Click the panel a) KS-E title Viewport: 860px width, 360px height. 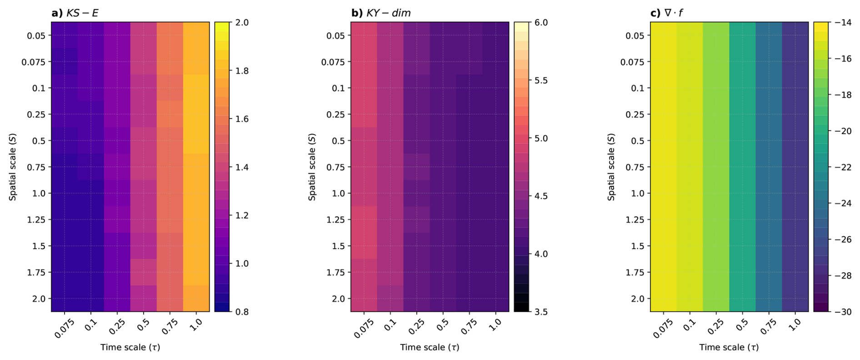75,13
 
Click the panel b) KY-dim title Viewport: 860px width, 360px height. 381,13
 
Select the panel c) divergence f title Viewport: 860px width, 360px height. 666,13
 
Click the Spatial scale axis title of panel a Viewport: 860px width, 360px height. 13,167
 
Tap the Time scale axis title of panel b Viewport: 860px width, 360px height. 430,347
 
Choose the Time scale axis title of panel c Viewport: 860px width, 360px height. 729,347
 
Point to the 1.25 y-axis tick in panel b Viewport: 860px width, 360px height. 335,220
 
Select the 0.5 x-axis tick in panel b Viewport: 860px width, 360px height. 442,325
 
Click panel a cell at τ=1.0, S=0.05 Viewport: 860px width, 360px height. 196,35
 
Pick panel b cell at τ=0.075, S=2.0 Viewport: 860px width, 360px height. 364,299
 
